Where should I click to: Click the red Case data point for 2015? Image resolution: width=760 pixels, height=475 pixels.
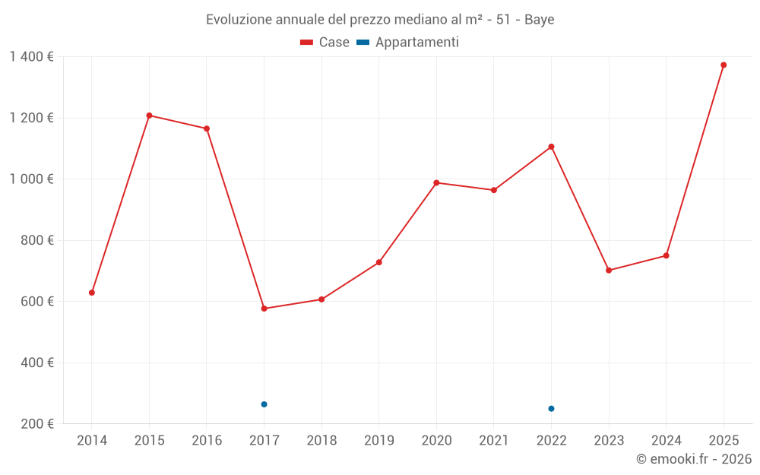(149, 116)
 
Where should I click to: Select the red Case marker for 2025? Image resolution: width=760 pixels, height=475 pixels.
(724, 65)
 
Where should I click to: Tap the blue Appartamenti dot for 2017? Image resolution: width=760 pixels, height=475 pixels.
(264, 404)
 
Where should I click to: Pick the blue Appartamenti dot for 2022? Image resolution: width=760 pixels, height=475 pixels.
(551, 409)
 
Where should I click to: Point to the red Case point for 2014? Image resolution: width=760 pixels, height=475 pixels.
(92, 293)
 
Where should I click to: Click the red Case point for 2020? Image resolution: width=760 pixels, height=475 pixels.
(436, 182)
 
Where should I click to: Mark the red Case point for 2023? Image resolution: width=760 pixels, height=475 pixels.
(609, 271)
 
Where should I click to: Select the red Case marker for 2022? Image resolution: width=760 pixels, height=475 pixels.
(551, 147)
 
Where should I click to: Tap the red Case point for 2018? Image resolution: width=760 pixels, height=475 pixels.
(321, 299)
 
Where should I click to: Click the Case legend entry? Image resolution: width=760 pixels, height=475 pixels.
(325, 43)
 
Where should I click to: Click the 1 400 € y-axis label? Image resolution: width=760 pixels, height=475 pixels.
(31, 57)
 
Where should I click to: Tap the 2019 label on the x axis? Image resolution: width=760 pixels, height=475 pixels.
(378, 441)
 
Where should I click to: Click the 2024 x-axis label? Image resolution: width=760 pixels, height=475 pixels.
(666, 441)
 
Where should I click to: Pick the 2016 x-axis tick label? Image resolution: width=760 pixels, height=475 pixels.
(207, 441)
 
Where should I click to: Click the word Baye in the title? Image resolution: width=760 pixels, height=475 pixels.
(539, 20)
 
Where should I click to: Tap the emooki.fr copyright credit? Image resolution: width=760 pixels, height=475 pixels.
(693, 459)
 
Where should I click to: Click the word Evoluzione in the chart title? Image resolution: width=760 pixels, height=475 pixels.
(239, 20)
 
